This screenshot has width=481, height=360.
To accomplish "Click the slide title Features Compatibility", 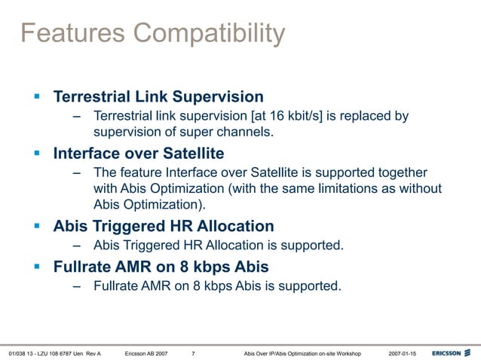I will coord(152,33).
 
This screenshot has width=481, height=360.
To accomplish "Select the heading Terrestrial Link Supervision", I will coord(158,97).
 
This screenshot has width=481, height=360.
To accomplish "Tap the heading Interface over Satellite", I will coord(139,154).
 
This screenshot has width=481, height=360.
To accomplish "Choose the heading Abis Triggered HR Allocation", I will coord(164,226).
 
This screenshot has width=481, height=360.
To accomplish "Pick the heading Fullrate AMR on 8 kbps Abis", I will coord(161,267).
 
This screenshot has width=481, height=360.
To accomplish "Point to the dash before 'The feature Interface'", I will coord(77,172).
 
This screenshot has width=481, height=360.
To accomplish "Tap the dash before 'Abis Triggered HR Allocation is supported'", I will coord(77,246).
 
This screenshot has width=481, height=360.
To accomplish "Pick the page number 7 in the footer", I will coord(194,352).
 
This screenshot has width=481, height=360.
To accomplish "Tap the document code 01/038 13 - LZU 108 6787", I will coord(45,352).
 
